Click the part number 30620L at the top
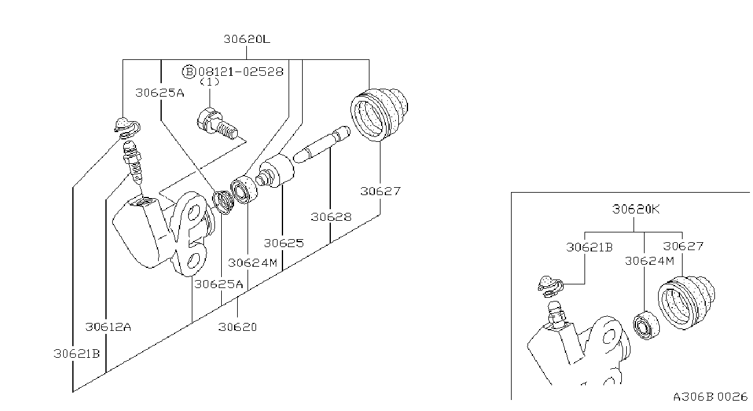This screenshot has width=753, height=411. pos(247,39)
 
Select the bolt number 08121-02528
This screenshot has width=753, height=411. pos(241,72)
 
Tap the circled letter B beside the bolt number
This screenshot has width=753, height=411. pos(189,72)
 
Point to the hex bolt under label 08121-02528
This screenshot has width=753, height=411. pos(217,124)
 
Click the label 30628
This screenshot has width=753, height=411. pos(331,217)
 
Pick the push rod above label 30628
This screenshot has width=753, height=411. pos(322,144)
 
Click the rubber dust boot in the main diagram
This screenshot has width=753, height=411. pos(379,114)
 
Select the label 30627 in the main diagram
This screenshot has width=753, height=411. pos(380,191)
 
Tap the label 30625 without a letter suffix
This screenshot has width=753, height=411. pos(284,243)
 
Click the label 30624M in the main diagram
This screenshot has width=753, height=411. pos(252,263)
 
